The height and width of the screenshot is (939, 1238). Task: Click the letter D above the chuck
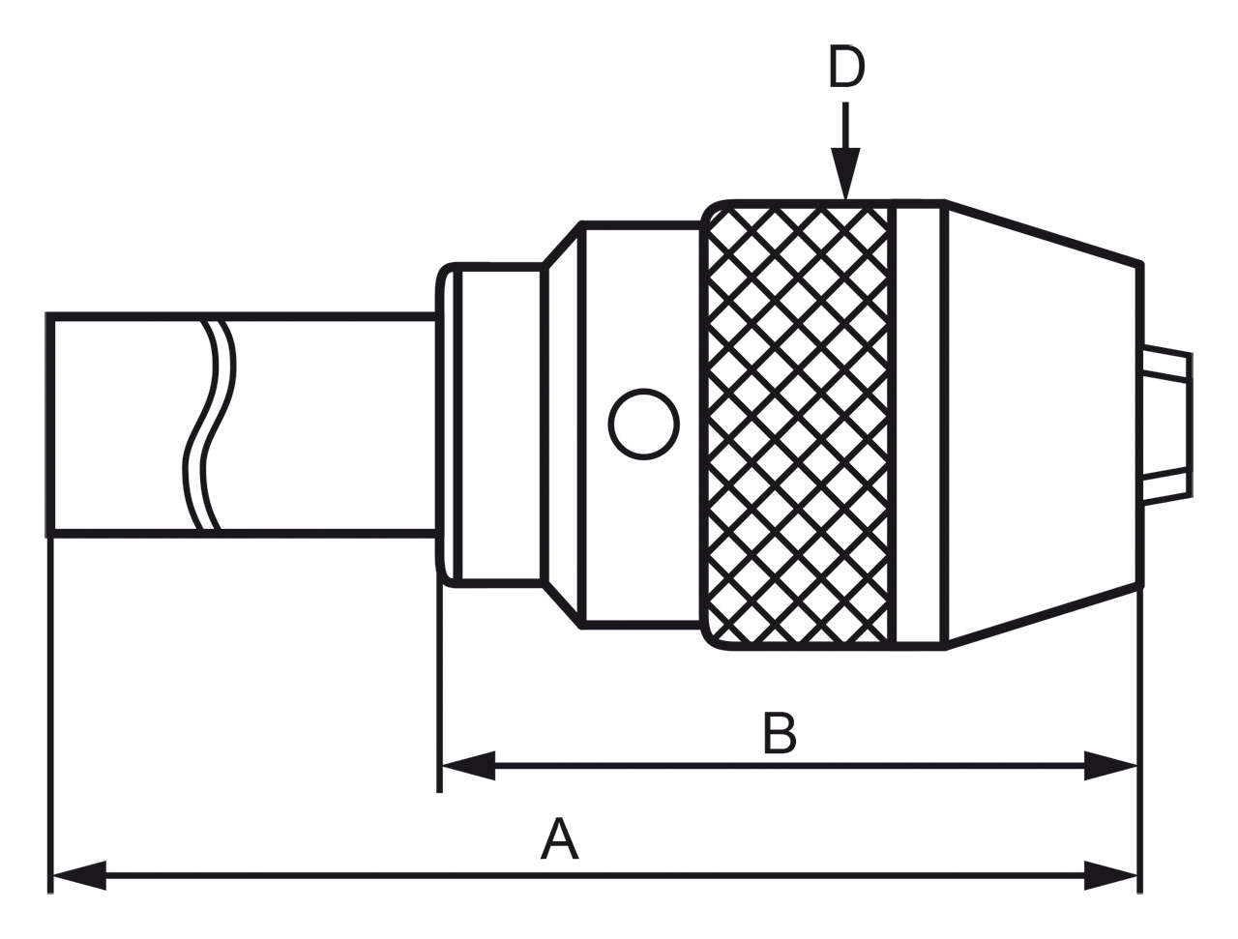[846, 69]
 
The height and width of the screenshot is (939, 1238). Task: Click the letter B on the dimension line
[780, 734]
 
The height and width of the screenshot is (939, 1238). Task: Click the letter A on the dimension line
[559, 838]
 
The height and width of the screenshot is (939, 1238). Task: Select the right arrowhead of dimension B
[1110, 767]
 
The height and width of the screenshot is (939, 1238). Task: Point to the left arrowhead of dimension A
[78, 875]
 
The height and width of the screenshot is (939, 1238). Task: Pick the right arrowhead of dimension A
[1110, 875]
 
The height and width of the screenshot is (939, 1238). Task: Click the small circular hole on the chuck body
[643, 424]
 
